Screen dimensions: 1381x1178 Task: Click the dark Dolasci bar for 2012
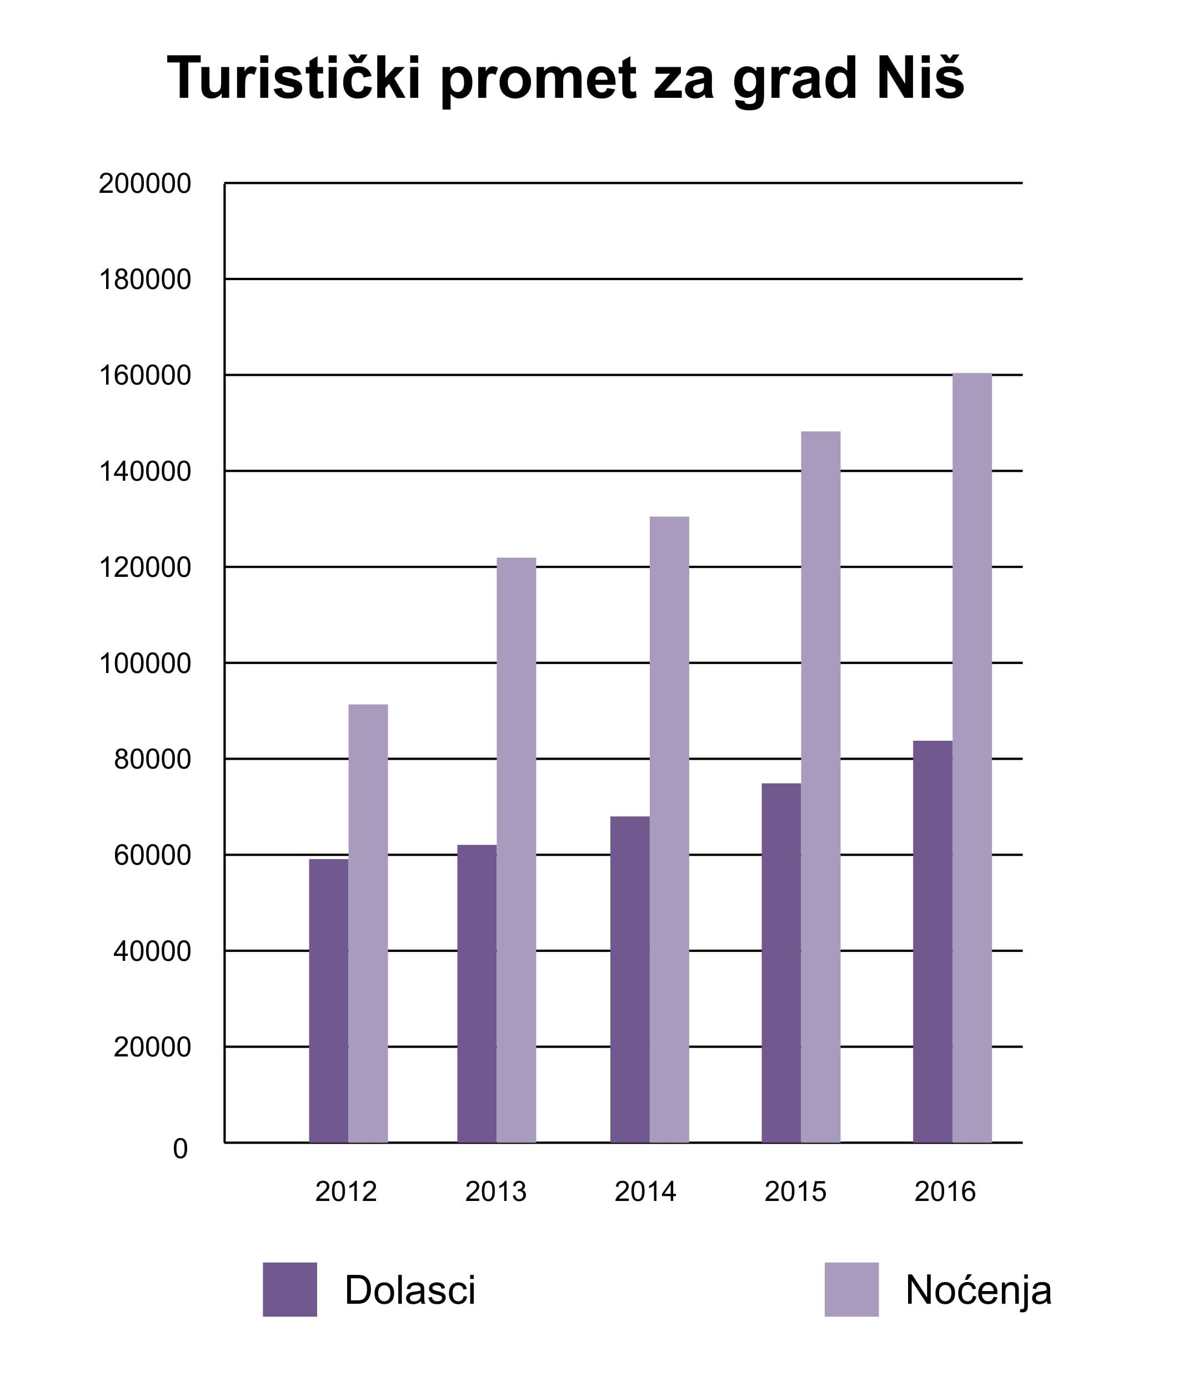click(328, 1000)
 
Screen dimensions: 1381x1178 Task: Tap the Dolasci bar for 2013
click(477, 993)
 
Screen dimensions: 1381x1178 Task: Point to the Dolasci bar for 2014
click(630, 979)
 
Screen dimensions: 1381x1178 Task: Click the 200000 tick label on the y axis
click(144, 183)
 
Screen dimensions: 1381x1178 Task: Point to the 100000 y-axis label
click(144, 664)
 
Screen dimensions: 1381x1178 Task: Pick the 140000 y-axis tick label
click(144, 472)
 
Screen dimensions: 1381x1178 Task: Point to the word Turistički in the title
click(293, 79)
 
